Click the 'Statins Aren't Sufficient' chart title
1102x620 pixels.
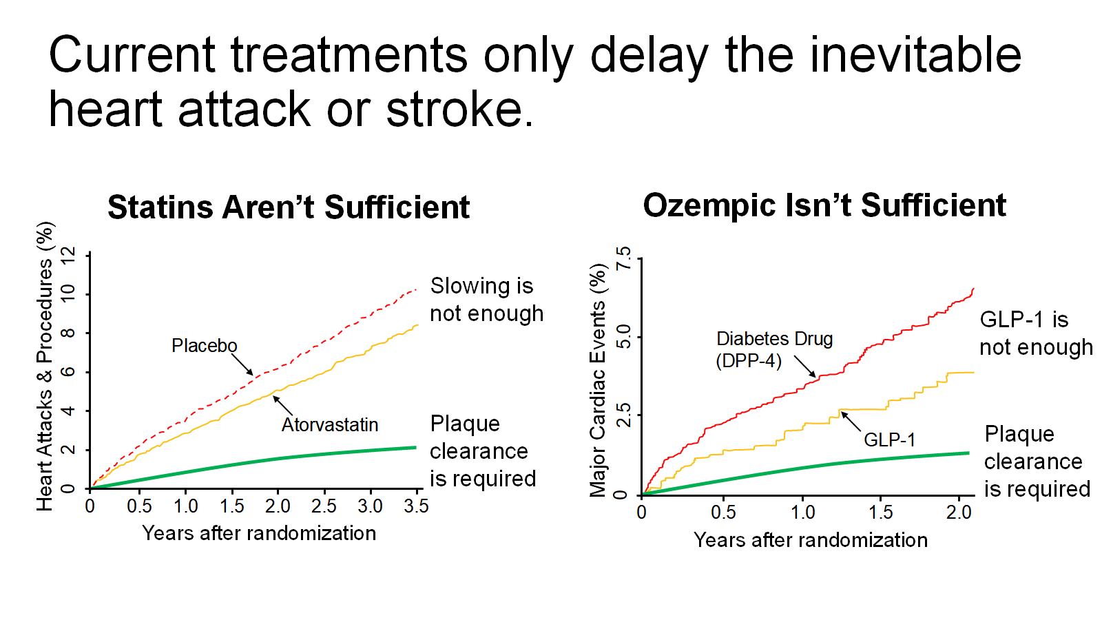coord(289,207)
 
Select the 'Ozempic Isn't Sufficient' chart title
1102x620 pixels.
coord(824,205)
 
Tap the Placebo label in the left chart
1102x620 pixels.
coord(204,345)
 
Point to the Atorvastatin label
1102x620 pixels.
coord(329,424)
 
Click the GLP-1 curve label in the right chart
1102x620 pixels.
coord(889,440)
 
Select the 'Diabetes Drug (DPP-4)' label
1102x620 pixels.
coord(773,349)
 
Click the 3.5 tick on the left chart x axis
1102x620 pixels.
coord(416,506)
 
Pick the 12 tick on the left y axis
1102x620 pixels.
coord(67,256)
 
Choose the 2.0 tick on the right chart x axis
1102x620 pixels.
coord(958,513)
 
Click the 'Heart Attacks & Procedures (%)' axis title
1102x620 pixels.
coord(45,366)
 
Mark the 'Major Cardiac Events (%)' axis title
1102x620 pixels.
coord(597,380)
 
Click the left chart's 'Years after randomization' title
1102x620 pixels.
coord(259,533)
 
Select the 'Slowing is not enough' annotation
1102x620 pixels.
coord(486,300)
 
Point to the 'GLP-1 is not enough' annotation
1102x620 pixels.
coord(1035,333)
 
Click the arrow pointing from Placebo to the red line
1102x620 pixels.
coord(242,364)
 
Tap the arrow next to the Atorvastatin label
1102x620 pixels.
coord(282,405)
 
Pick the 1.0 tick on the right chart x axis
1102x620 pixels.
coord(802,513)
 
